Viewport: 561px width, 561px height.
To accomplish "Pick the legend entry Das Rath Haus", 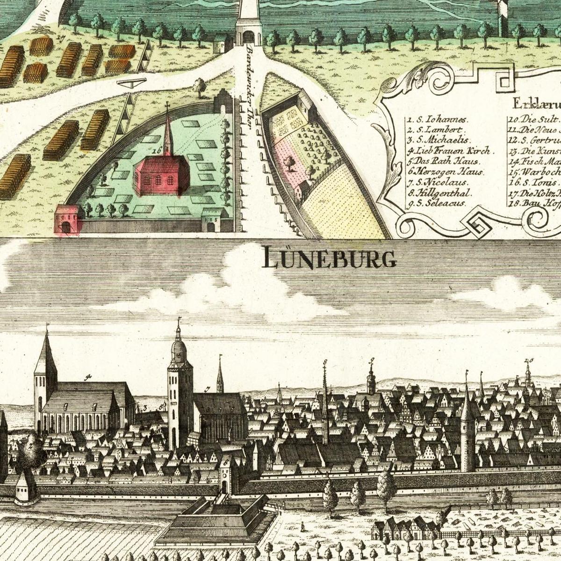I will click(x=439, y=161).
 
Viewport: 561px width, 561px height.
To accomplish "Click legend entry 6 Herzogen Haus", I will click(x=439, y=172).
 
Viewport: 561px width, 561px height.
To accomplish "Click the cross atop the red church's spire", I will click(x=167, y=106).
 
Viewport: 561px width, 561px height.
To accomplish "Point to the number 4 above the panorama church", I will click(x=87, y=376).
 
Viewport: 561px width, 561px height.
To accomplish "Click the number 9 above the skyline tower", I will click(x=372, y=360).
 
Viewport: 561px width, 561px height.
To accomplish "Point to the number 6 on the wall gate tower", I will click(x=226, y=462).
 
